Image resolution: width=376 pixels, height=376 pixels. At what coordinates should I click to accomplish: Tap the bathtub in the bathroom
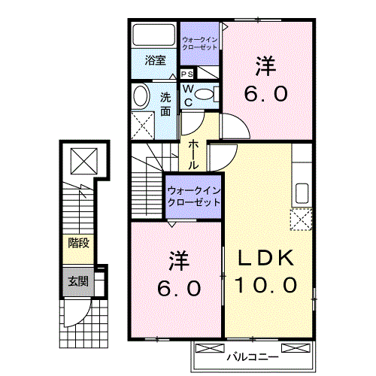pyautogui.click(x=155, y=36)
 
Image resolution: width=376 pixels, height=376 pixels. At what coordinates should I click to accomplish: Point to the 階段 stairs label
pyautogui.click(x=78, y=242)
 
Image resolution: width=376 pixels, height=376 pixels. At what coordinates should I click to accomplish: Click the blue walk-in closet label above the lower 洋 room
pyautogui.click(x=194, y=196)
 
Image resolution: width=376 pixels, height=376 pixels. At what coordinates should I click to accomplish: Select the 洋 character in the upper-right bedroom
pyautogui.click(x=265, y=67)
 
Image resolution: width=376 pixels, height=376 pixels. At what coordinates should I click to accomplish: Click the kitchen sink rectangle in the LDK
pyautogui.click(x=302, y=191)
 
